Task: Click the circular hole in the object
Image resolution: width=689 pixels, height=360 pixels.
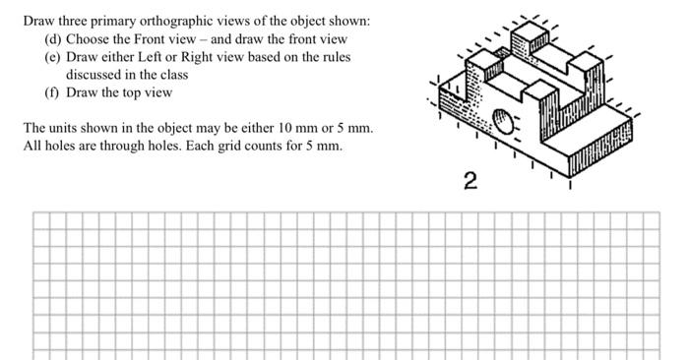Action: (503, 124)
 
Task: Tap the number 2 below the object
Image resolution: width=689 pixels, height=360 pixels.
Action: (470, 181)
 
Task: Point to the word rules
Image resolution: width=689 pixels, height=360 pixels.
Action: (333, 57)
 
